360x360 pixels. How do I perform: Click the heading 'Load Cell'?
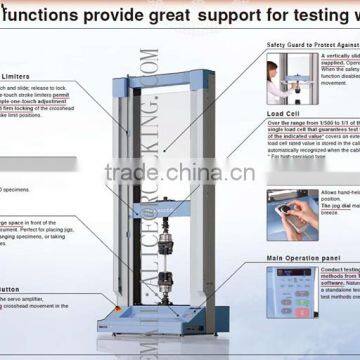click(284, 113)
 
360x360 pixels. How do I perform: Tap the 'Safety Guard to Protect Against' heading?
click(311, 46)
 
